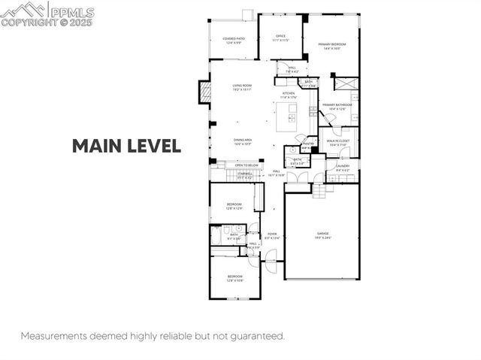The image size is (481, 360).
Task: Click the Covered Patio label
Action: click(x=233, y=39)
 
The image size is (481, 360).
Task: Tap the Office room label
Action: click(x=280, y=37)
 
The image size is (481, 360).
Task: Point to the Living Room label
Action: click(x=241, y=87)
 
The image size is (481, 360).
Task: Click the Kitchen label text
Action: click(x=289, y=95)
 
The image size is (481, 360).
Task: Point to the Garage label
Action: click(x=322, y=234)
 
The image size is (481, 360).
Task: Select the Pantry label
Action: click(x=308, y=144)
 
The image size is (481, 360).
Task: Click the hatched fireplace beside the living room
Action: click(x=204, y=93)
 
